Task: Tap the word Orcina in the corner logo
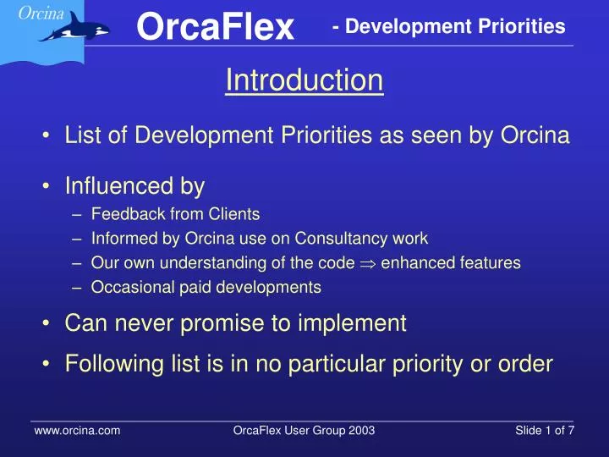point(41,14)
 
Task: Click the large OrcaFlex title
point(215,26)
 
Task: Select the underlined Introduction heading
point(304,80)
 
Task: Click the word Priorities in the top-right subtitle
point(522,26)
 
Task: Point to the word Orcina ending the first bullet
point(535,135)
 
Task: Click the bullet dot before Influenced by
point(47,186)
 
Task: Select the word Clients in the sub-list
point(233,214)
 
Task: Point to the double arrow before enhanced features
point(368,264)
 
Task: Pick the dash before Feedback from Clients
point(77,214)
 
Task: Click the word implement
point(352,322)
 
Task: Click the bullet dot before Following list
point(47,364)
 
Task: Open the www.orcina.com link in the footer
point(77,431)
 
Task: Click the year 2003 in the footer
point(361,431)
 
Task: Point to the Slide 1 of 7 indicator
point(545,431)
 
